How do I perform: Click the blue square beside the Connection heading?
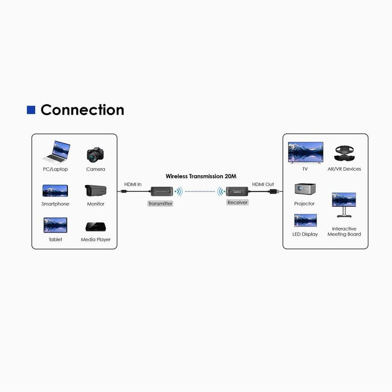(31, 110)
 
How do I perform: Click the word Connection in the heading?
(82, 110)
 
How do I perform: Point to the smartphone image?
(55, 191)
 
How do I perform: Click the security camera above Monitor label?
(96, 191)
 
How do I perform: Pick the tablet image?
(55, 225)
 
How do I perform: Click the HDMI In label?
(133, 184)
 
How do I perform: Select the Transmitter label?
(160, 203)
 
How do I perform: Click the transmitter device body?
(161, 191)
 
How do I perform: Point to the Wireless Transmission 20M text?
(201, 176)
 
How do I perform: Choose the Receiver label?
(237, 203)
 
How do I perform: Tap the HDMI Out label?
(263, 184)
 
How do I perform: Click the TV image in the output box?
(305, 152)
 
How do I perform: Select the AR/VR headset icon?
(344, 153)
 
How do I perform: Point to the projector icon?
(305, 189)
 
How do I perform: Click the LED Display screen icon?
(305, 220)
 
